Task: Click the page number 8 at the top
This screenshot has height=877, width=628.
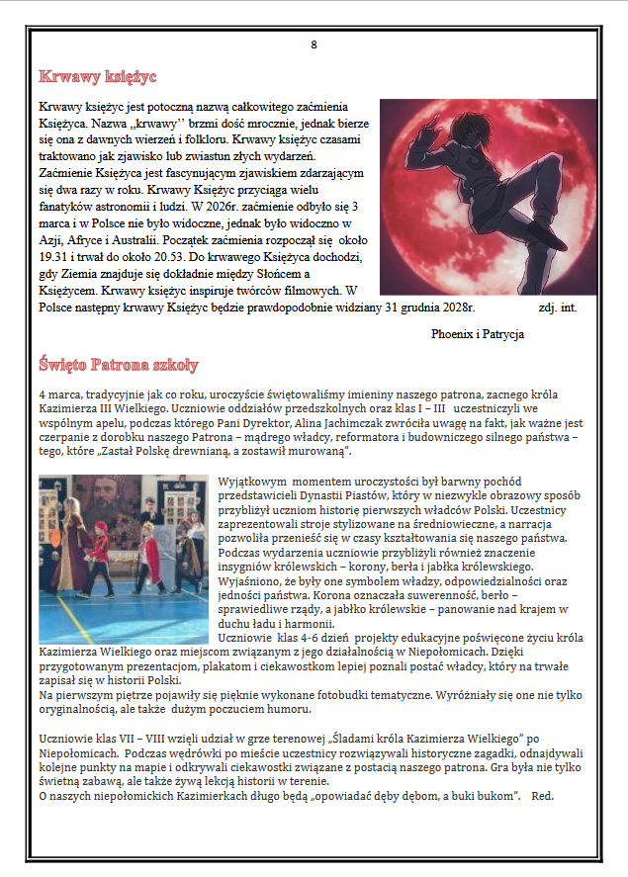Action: coord(314,44)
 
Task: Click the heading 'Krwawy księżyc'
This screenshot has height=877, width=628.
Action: coord(97,77)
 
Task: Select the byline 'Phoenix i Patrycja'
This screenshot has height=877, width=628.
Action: coord(478,334)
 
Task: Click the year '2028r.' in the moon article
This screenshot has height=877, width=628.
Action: coord(456,307)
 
